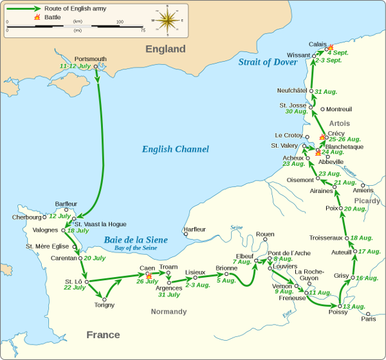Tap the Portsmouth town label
91,59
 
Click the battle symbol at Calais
330,48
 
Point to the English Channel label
175,149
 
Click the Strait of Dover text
268,62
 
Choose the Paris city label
369,318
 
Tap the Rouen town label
265,234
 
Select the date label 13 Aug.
354,306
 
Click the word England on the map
165,50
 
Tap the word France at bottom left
103,335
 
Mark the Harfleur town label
194,229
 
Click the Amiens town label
363,190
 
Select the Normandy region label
169,312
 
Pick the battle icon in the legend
35,17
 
